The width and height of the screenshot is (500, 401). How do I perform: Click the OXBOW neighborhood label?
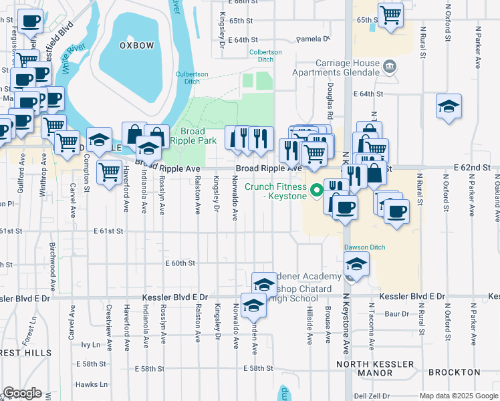136,45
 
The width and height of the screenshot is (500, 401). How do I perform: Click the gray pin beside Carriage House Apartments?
390,66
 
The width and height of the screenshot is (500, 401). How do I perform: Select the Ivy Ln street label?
90,345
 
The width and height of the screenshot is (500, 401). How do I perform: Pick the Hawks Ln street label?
91,384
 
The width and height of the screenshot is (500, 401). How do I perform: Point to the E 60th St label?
180,263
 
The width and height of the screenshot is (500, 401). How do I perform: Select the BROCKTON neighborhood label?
455,372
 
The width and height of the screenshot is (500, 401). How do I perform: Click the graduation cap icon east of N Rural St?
449,106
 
